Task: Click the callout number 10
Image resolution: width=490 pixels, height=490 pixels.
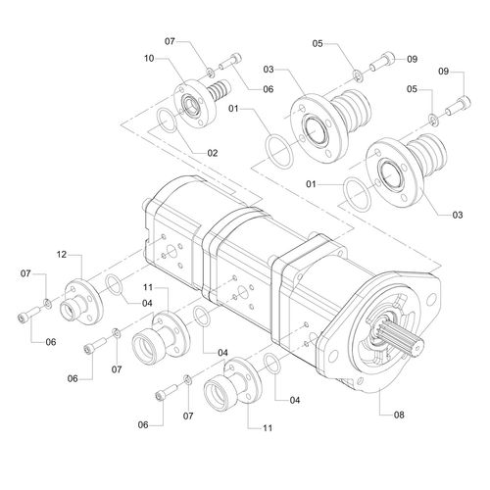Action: point(149,59)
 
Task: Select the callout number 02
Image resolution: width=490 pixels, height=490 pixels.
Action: point(213,153)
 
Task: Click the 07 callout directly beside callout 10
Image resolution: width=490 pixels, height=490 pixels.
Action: point(170,41)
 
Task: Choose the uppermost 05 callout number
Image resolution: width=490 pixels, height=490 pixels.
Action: point(318,44)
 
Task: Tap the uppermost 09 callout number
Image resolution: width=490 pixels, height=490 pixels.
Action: point(384,59)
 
